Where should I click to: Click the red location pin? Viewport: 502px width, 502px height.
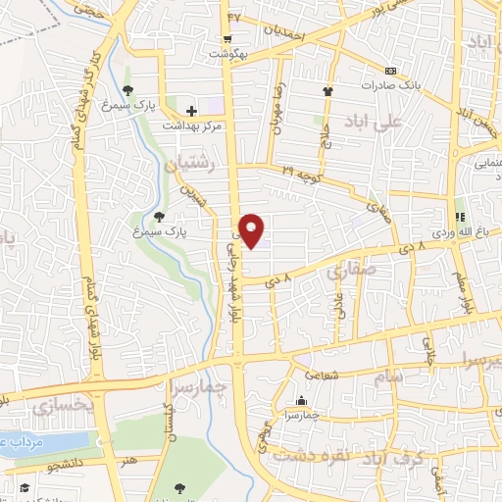(x=253, y=230)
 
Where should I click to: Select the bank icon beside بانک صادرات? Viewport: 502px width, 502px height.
(x=391, y=72)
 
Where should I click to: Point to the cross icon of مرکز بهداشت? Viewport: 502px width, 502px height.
(x=191, y=111)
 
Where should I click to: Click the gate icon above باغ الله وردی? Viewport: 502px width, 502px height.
(x=457, y=217)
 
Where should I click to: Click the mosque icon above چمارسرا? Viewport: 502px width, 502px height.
(x=300, y=401)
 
